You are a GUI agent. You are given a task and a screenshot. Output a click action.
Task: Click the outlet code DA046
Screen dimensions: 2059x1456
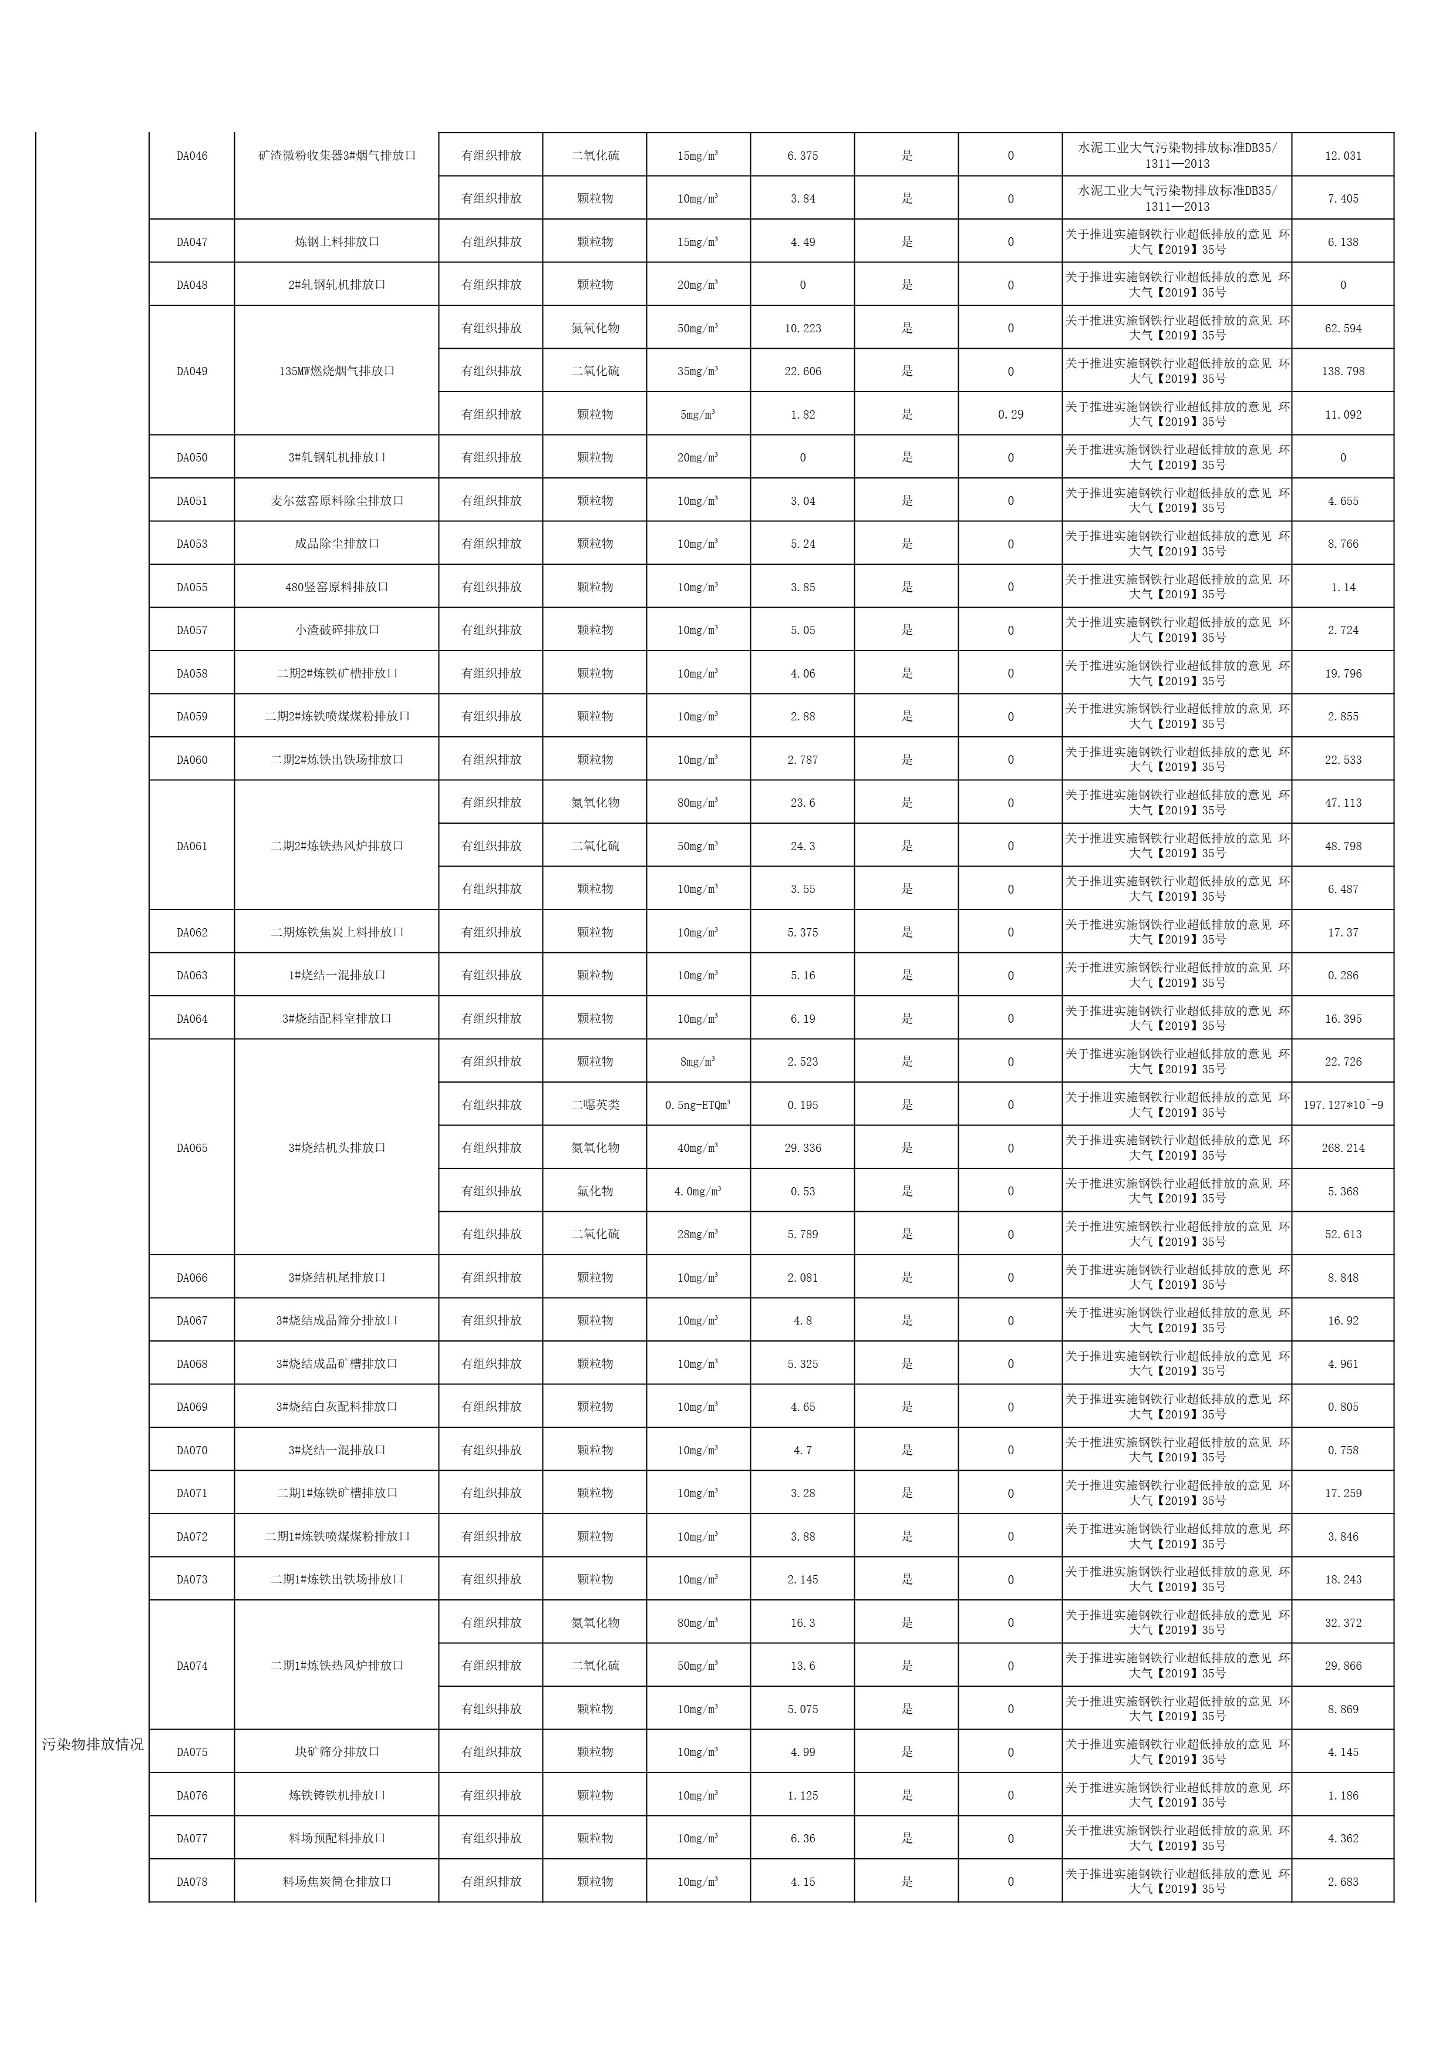192,156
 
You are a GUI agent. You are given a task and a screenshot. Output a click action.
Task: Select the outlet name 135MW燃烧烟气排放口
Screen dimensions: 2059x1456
336,371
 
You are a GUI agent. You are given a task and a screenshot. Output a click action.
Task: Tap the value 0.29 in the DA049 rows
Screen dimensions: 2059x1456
1010,415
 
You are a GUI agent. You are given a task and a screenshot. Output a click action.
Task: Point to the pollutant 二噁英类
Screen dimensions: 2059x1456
595,1105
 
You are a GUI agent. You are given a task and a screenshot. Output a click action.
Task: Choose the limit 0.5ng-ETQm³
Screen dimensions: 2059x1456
697,1105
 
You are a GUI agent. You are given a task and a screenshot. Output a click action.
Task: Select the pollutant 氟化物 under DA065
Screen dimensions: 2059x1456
595,1191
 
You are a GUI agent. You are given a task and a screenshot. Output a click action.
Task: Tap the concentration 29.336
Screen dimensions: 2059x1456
803,1148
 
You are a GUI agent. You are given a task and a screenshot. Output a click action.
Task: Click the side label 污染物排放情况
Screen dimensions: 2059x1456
92,1744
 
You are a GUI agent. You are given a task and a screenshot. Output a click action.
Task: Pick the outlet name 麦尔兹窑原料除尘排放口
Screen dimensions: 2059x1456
336,500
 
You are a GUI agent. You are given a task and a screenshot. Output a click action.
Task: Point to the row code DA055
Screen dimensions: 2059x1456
192,587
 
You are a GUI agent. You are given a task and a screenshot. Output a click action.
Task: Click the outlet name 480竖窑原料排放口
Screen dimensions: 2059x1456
336,587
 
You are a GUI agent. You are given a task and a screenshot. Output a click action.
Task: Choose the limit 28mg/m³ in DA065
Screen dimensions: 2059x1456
697,1234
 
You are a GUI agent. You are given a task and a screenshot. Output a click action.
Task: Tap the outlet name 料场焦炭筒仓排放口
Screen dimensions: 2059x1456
336,1882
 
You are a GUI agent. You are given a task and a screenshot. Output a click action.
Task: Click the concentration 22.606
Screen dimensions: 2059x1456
803,371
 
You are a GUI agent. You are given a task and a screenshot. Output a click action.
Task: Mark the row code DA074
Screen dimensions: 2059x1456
192,1665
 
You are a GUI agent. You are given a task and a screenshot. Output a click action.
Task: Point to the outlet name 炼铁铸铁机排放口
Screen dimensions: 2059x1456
336,1795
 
